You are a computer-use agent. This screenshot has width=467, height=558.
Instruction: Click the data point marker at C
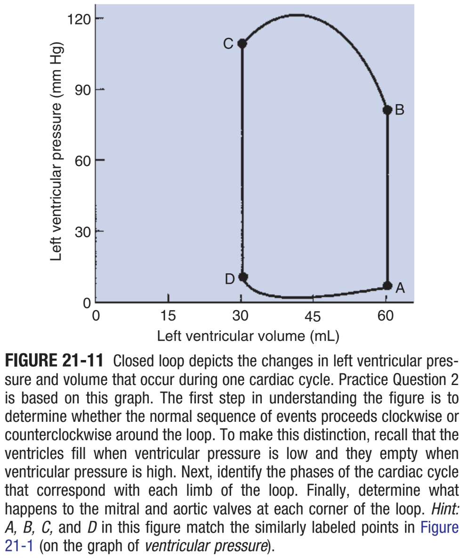[x=242, y=43]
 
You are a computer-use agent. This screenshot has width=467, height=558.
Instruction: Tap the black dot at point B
[x=387, y=110]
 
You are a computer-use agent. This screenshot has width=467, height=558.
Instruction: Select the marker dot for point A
[x=387, y=286]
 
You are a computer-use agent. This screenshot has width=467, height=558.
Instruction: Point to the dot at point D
[x=243, y=277]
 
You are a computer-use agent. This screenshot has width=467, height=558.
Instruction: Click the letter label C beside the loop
[x=228, y=44]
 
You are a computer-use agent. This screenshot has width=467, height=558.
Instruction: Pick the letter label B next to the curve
[x=400, y=110]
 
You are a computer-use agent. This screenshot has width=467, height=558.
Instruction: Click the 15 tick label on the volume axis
[x=168, y=316]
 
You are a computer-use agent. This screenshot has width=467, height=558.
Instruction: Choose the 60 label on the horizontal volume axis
[x=385, y=316]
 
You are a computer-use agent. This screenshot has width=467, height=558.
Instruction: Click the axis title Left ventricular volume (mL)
[x=248, y=336]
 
